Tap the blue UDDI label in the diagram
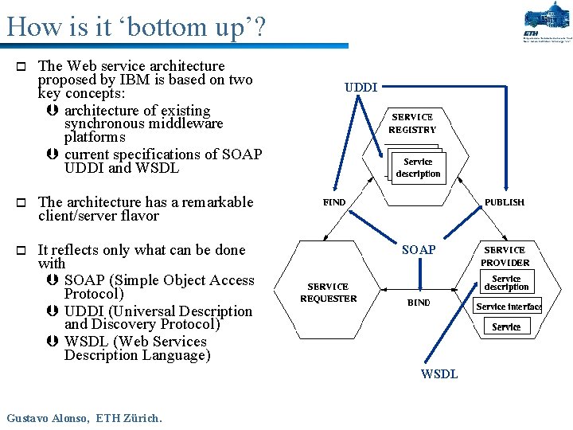click(361, 87)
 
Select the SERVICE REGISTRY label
click(412, 123)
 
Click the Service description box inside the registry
click(418, 168)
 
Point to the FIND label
click(334, 202)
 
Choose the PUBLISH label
click(505, 202)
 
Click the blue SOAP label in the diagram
click(418, 250)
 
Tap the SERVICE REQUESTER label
click(328, 292)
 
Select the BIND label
click(419, 303)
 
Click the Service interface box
click(508, 307)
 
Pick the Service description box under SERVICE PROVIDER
click(506, 283)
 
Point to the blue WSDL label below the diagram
click(439, 374)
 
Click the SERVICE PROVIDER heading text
click(505, 256)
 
